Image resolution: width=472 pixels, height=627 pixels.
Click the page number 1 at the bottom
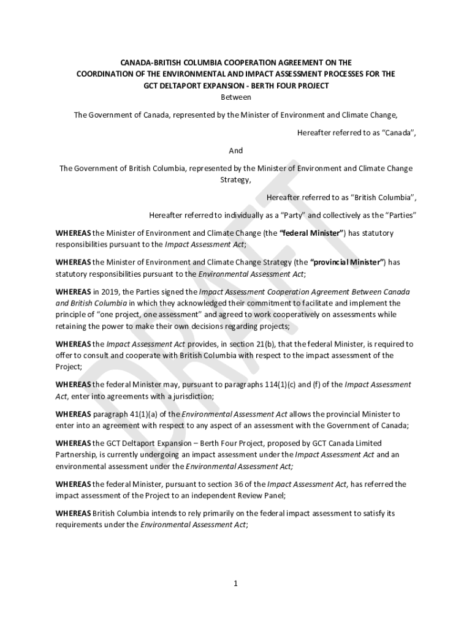coord(235,583)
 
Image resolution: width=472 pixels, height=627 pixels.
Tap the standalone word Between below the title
coord(235,97)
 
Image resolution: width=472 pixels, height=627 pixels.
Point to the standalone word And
coord(235,151)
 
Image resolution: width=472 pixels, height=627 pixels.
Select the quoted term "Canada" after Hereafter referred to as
coord(399,133)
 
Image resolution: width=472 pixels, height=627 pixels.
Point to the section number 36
coord(252,484)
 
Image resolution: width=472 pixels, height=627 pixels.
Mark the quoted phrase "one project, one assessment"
coord(144,315)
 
